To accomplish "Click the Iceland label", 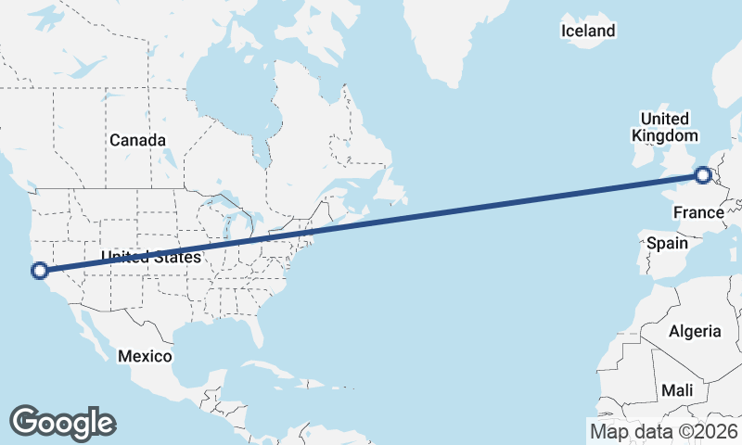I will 588,32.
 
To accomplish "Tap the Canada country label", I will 137,140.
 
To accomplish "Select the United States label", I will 151,257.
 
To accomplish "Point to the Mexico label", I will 145,356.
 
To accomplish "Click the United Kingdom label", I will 664,127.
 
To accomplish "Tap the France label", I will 697,213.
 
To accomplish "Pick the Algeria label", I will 695,331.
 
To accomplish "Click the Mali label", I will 677,390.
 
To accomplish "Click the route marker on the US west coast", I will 39,271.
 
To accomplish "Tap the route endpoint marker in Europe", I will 703,174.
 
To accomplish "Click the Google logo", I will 62,423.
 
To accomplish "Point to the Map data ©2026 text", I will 663,431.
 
